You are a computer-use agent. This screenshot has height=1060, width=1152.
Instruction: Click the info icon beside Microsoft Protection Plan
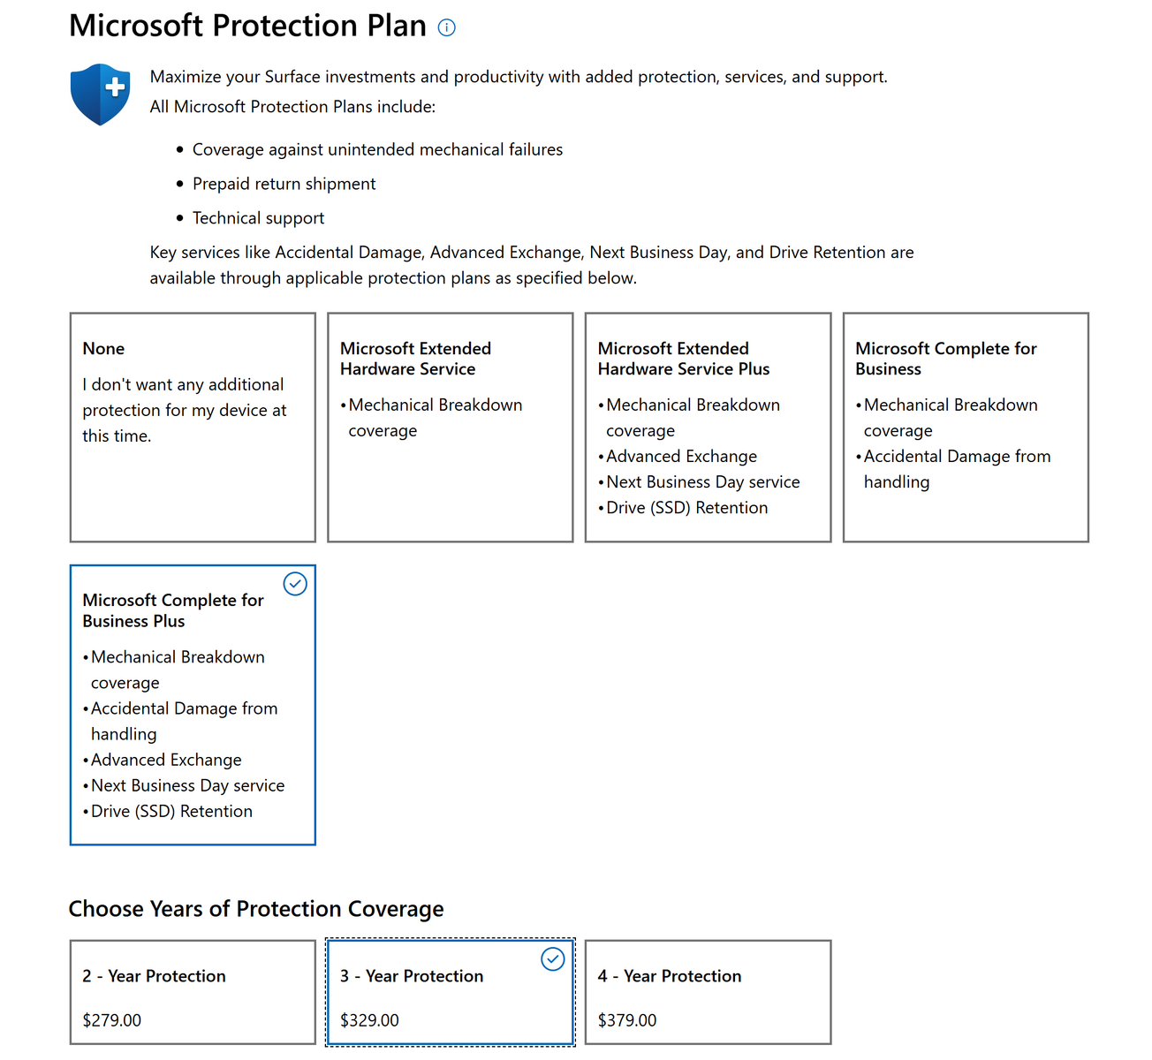(x=447, y=27)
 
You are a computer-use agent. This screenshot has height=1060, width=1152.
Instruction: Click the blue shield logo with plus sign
(x=101, y=94)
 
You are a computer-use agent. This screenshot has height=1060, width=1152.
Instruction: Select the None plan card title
(x=103, y=349)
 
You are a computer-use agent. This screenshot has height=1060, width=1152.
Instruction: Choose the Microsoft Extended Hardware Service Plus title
(x=683, y=359)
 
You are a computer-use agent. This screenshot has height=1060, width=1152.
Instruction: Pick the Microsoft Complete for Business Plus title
(x=173, y=610)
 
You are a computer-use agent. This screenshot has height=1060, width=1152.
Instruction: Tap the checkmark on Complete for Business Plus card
(x=295, y=584)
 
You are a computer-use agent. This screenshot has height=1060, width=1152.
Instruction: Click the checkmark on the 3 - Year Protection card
(x=553, y=959)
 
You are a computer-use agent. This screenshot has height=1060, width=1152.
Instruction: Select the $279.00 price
(x=112, y=1020)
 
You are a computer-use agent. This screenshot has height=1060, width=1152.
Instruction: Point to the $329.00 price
(x=369, y=1020)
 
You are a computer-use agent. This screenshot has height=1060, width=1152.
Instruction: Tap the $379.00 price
(x=627, y=1020)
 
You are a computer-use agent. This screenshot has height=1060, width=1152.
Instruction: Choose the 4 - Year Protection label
(x=670, y=976)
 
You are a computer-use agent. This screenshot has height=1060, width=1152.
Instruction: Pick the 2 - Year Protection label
(x=155, y=976)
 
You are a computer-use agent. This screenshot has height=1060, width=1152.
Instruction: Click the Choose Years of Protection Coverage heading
(x=256, y=909)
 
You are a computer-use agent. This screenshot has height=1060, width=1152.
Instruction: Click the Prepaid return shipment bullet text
(x=284, y=184)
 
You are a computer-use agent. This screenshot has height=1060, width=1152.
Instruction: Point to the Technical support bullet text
(x=258, y=218)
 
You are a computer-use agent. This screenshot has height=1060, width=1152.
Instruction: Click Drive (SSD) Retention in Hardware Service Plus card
(x=686, y=508)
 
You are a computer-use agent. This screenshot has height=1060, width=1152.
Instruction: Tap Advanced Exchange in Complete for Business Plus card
(x=166, y=760)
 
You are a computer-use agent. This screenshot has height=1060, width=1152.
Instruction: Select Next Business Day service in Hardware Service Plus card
(x=702, y=482)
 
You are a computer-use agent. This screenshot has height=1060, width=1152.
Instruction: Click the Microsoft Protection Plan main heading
(x=248, y=26)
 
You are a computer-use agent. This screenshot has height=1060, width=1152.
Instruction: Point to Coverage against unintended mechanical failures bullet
(x=377, y=150)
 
